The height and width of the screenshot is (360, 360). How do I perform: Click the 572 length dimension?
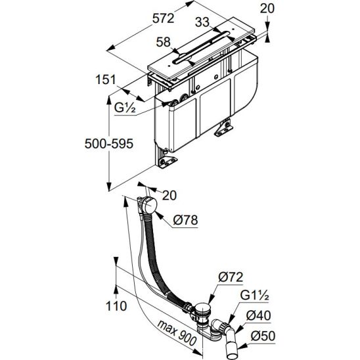164,18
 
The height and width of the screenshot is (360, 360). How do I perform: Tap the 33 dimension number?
202,22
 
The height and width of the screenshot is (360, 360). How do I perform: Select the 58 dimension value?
163,42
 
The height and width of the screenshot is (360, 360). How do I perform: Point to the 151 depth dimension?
106,79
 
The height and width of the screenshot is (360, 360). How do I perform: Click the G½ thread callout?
125,108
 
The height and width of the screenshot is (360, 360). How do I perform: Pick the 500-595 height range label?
109,144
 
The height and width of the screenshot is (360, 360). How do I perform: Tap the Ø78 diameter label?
185,220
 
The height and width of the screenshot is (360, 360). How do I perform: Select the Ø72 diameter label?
231,277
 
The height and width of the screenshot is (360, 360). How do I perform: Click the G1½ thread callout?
254,296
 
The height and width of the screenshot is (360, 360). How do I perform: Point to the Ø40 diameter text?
259,315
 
